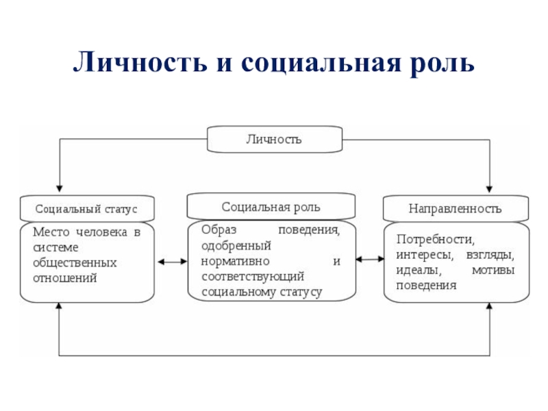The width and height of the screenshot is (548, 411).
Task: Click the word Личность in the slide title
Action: [140, 62]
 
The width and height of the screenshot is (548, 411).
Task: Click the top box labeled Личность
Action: [275, 140]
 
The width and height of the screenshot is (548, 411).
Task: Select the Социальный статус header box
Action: [87, 209]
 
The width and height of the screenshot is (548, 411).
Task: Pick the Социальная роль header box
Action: [271, 207]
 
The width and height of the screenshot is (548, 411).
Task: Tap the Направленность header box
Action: [456, 209]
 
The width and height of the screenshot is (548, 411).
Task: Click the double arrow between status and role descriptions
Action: [173, 262]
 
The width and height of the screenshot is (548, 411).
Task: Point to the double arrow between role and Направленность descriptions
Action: [370, 260]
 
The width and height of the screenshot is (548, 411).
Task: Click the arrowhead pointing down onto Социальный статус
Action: [60, 189]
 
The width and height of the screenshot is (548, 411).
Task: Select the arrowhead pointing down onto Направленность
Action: [489, 189]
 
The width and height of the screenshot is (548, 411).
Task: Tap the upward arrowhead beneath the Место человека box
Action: [59, 306]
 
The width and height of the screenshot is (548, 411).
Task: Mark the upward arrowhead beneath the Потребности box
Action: [489, 306]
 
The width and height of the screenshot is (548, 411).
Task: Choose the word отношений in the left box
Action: [65, 278]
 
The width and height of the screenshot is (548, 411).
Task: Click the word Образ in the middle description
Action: [219, 230]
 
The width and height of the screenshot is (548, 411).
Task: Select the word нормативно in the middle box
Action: [235, 261]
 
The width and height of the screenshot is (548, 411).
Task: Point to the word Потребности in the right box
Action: [436, 239]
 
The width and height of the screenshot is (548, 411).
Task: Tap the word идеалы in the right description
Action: [419, 270]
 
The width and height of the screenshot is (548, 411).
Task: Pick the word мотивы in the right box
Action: [493, 270]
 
